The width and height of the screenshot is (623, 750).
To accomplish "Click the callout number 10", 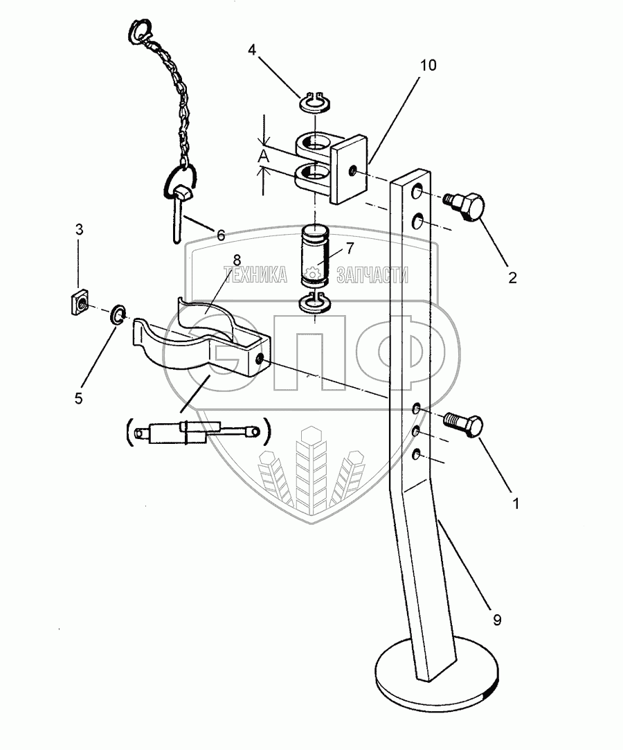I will tap(429, 66).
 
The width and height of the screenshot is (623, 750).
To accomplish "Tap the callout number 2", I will tap(513, 278).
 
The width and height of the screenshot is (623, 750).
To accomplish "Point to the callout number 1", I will tap(514, 503).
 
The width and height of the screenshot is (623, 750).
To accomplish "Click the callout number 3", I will tap(79, 229).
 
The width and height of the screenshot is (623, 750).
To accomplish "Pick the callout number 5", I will tap(78, 398).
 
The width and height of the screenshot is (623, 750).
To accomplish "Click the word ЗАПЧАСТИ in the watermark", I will tap(372, 276).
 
